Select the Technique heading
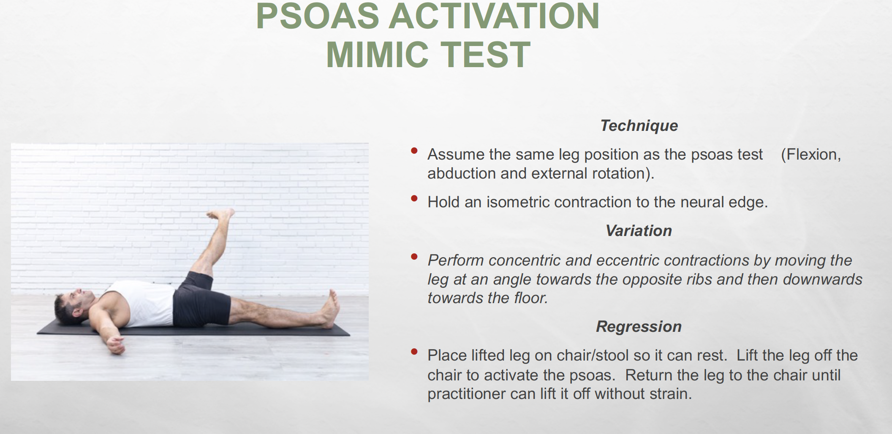[x=639, y=126]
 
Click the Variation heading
[x=639, y=231]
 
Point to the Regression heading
[x=639, y=326]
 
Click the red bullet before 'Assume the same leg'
[x=414, y=150]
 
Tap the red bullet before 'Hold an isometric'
[x=414, y=198]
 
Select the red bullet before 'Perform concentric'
[x=414, y=256]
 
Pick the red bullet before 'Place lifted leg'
[x=414, y=351]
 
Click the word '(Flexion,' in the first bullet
[x=811, y=155]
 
